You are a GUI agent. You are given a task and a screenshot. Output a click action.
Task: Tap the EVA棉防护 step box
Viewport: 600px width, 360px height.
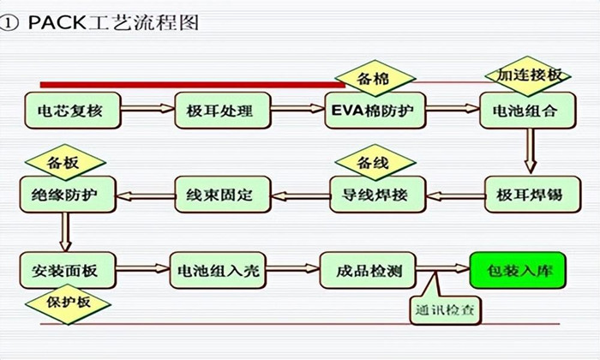(375, 110)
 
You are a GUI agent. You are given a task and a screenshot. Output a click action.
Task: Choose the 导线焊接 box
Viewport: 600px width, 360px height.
(375, 195)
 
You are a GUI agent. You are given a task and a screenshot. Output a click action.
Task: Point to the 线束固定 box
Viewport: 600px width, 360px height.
(222, 195)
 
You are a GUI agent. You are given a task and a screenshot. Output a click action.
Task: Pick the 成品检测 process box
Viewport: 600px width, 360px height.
(368, 271)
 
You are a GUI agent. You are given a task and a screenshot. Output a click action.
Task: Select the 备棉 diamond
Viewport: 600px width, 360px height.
(372, 78)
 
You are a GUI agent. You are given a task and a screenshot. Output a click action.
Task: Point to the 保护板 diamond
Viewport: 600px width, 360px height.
(65, 304)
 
